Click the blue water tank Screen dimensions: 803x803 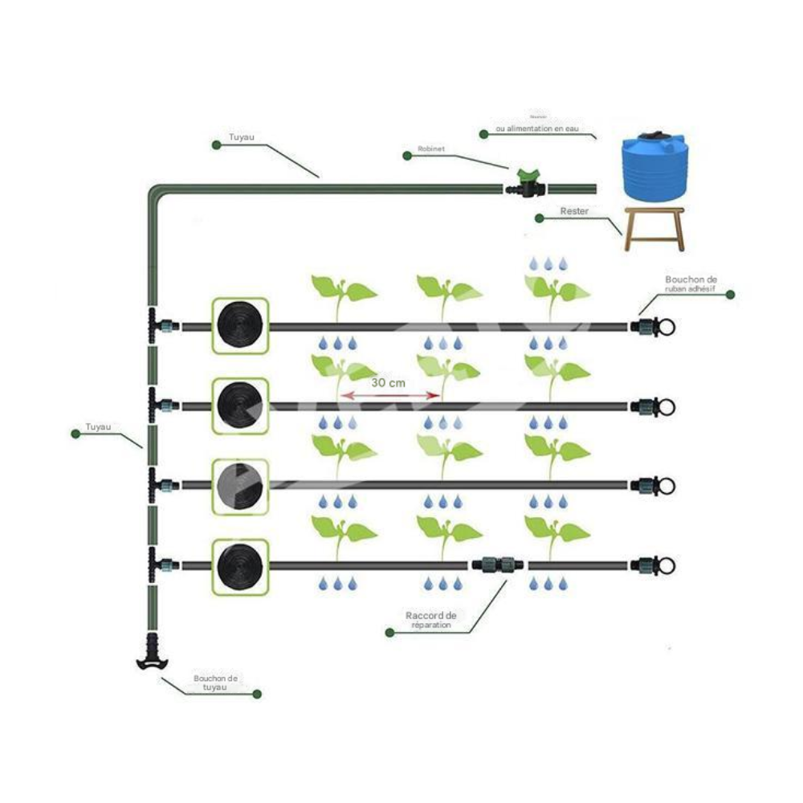coord(654,168)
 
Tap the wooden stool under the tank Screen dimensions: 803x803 coord(654,228)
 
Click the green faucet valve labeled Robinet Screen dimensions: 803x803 coord(526,184)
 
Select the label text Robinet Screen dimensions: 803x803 coord(432,149)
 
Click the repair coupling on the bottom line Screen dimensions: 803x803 coord(498,565)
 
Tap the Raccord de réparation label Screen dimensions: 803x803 coord(431,620)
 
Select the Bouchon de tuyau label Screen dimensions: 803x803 coord(210,683)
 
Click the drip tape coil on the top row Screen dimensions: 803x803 coord(239,326)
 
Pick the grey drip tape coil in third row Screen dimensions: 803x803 coord(239,486)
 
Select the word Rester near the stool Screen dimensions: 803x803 coord(575,211)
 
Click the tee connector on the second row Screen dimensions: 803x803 coord(156,406)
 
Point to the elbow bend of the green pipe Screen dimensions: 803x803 coord(157,194)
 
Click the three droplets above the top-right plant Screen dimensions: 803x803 coord(548,263)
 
